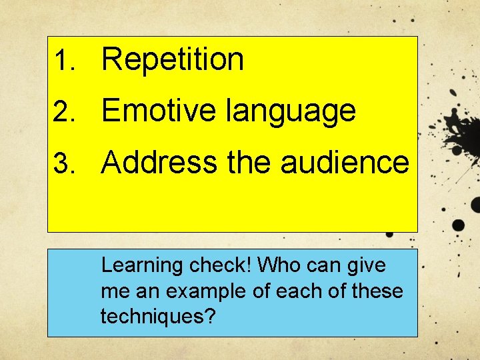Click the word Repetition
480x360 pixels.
[173, 60]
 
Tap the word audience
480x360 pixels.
[345, 162]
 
